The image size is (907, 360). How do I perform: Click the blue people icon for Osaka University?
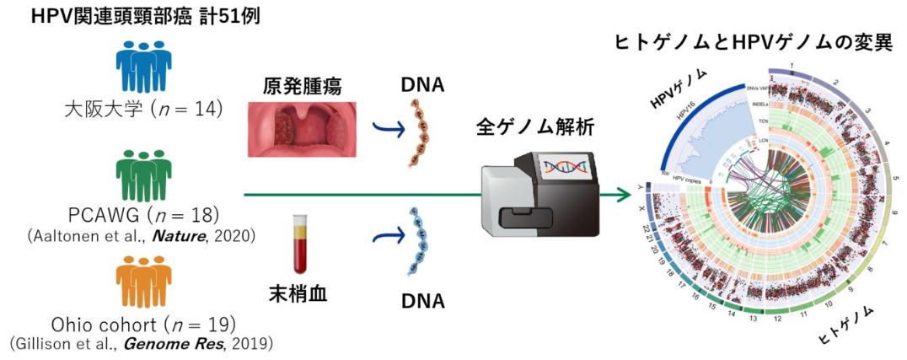point(142,67)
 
